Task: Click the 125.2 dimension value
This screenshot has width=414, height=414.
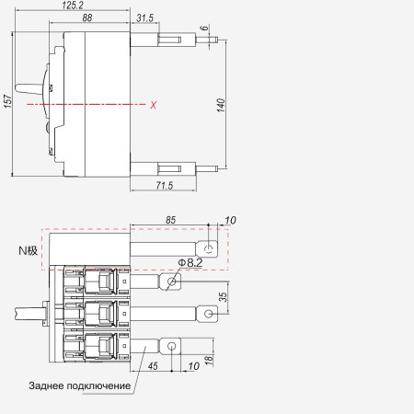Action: click(x=73, y=6)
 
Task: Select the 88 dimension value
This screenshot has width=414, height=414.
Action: click(x=87, y=17)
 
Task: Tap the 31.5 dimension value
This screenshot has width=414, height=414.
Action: click(x=144, y=17)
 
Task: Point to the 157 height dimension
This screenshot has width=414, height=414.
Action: click(x=8, y=101)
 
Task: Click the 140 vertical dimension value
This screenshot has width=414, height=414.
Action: click(x=221, y=105)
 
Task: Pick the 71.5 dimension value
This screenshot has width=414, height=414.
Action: click(x=165, y=185)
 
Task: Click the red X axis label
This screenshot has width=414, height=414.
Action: click(x=154, y=105)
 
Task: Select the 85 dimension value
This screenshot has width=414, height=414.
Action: click(x=171, y=220)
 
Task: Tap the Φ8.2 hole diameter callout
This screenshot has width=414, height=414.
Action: click(x=190, y=263)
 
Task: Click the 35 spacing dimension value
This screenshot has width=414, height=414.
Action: click(x=223, y=296)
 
